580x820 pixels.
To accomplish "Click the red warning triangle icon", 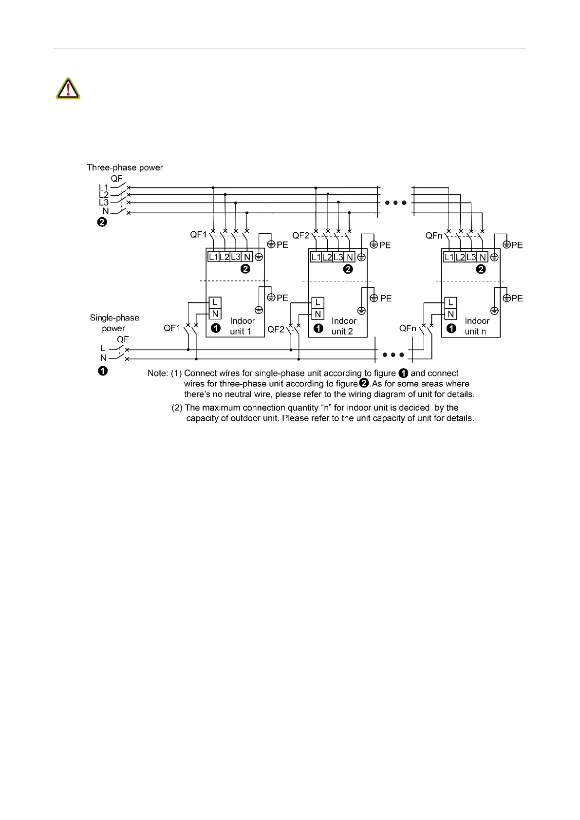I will point(68,89).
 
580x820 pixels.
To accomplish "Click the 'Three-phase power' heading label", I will point(125,168).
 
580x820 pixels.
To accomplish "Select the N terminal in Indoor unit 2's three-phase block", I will point(350,257).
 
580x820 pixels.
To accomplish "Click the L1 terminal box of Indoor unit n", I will point(449,257).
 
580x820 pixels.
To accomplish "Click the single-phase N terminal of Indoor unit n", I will point(450,314).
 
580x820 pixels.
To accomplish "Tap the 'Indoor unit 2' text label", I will point(343,326).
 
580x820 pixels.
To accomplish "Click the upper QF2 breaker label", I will point(300,236).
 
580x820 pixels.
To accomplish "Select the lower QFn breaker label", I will point(407,328).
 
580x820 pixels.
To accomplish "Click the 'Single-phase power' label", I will point(114,323).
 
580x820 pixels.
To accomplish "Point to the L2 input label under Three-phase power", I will point(104,195).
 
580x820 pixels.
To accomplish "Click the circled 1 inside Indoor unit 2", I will point(318,329).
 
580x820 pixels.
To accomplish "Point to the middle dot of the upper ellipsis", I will point(395,203).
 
